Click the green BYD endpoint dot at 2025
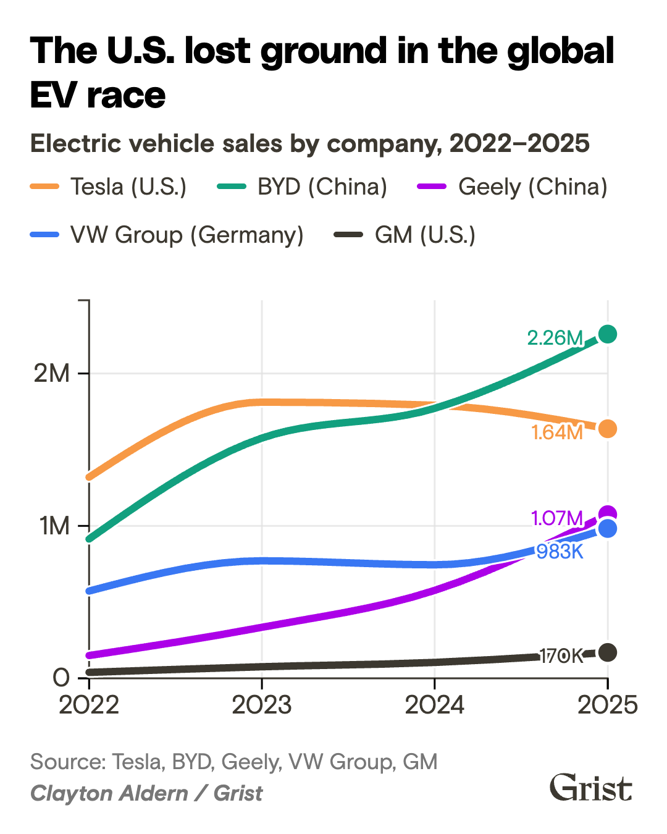point(608,334)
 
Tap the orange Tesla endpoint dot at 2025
point(608,428)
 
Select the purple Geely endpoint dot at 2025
point(608,513)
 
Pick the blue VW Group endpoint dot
point(608,529)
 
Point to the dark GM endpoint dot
point(608,652)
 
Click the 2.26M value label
point(555,338)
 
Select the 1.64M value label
point(557,432)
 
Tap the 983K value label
point(560,551)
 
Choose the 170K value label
point(561,656)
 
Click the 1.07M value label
point(557,518)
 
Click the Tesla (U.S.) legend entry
point(109,187)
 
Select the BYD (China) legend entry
point(303,187)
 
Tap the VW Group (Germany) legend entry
point(167,235)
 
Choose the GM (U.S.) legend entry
point(405,235)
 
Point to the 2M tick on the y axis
point(52,373)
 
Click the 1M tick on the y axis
point(54,526)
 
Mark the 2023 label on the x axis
point(262,705)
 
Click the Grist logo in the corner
point(590,788)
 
